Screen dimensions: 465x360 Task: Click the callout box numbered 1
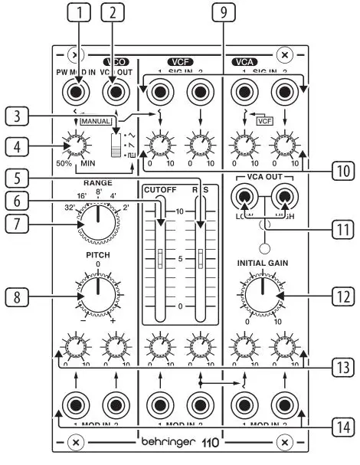[x=78, y=12]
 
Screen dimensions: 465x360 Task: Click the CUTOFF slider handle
[x=160, y=259]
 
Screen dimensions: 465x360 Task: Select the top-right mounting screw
[x=284, y=55]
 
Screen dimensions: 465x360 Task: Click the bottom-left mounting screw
[x=74, y=443]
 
